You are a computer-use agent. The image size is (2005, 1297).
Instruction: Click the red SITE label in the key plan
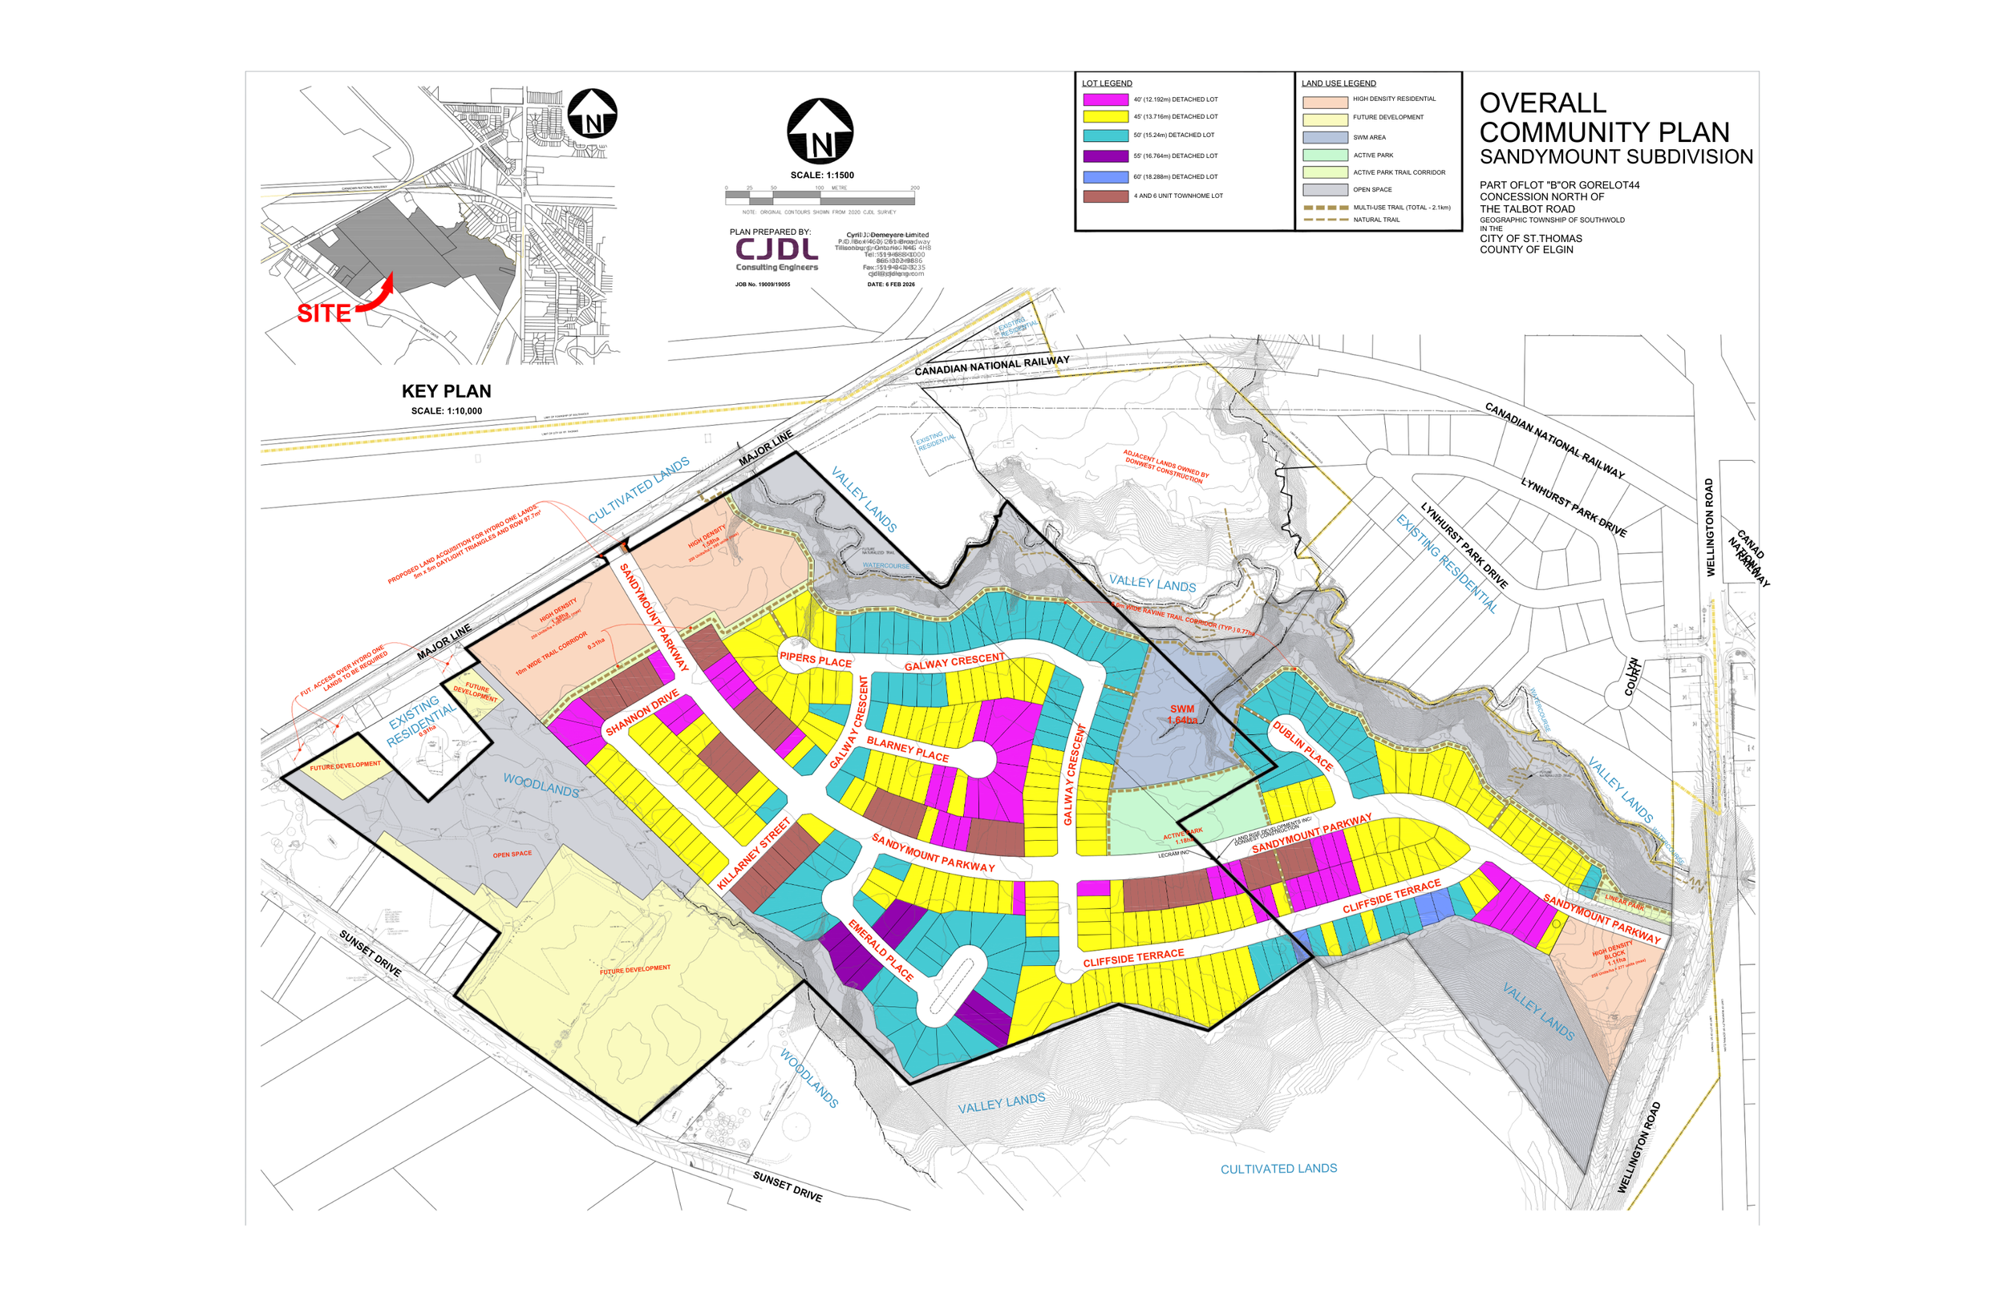click(323, 313)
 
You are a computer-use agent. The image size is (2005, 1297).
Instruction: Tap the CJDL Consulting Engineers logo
click(776, 253)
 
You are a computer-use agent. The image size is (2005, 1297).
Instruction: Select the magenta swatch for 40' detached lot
click(1105, 99)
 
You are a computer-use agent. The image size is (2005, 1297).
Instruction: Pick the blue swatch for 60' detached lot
click(1105, 177)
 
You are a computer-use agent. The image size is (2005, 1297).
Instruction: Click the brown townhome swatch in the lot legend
click(1105, 196)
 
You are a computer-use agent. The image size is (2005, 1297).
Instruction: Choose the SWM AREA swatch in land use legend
click(1324, 137)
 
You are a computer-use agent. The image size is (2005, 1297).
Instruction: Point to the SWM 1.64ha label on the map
click(1182, 714)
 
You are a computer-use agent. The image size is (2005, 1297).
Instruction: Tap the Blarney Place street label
click(907, 749)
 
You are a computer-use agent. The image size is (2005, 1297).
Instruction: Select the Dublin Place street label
click(1302, 745)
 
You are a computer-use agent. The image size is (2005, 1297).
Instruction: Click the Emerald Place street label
click(881, 951)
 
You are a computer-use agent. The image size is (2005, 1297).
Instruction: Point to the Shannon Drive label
click(642, 713)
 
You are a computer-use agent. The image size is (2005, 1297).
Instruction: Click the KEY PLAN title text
click(446, 391)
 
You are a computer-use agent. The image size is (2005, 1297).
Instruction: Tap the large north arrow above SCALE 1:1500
click(820, 132)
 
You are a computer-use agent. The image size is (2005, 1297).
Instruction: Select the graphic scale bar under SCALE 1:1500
click(820, 198)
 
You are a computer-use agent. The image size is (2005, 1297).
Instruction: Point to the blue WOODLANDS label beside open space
click(541, 785)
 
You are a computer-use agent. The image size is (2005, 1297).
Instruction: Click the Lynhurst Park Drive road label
click(1573, 507)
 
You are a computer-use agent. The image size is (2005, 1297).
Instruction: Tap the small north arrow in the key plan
click(592, 114)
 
